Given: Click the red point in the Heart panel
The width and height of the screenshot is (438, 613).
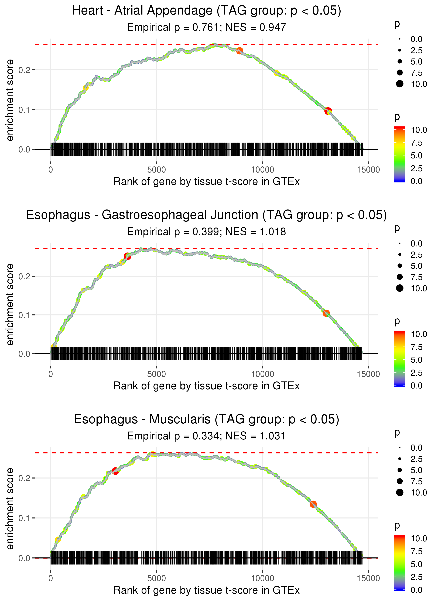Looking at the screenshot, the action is click(x=328, y=111).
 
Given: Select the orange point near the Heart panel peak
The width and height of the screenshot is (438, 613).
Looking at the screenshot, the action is click(x=239, y=50).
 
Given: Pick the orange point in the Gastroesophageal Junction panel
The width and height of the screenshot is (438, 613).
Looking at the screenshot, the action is click(x=326, y=313).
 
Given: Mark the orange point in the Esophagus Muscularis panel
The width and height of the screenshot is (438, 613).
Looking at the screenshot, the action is click(x=313, y=504).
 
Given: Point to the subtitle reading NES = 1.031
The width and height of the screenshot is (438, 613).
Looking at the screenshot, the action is click(x=206, y=436).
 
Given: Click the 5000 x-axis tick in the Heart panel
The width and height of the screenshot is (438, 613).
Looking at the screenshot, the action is click(x=156, y=170).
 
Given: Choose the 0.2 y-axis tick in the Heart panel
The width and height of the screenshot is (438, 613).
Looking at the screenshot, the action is click(x=24, y=70).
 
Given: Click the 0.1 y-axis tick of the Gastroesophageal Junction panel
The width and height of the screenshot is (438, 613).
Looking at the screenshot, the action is click(x=24, y=315).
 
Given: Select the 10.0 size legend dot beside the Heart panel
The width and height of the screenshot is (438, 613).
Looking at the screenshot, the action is click(x=400, y=84).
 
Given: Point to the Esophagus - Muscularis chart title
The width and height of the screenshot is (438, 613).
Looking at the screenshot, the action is click(x=206, y=419).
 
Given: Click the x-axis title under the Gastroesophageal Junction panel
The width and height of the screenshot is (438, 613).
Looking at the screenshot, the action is click(x=206, y=386).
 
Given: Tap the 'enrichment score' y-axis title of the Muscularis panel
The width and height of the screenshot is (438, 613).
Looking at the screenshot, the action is click(x=10, y=508).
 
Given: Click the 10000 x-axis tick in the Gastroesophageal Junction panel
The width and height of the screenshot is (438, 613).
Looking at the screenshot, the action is click(x=262, y=374).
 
